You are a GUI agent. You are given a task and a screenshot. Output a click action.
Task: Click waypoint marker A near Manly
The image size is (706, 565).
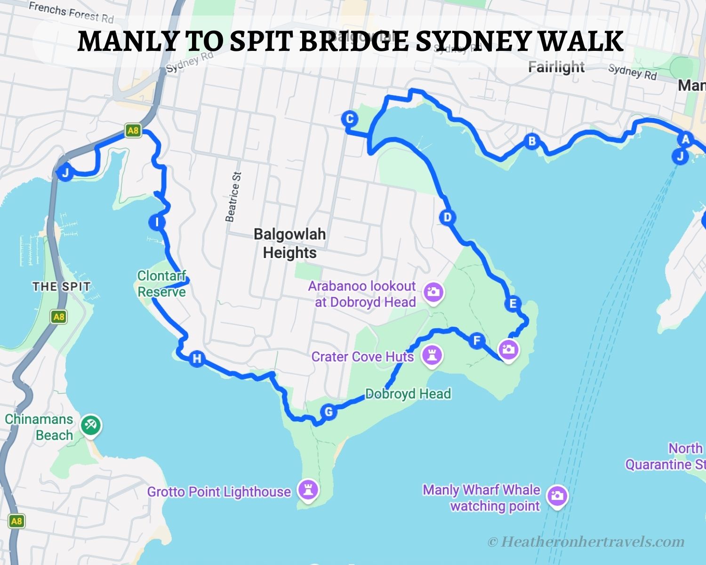point(685,139)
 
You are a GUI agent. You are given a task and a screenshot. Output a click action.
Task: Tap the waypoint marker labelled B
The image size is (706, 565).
point(532,141)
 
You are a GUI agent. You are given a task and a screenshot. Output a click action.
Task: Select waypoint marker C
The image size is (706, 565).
point(350,119)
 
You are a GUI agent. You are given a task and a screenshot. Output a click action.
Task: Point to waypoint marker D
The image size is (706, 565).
point(447,217)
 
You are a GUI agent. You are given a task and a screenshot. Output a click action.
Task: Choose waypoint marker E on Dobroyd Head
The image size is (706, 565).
point(513,304)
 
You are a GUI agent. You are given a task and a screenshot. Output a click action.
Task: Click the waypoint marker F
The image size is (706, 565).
point(477,340)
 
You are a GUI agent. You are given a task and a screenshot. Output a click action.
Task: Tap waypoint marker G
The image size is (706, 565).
point(329,412)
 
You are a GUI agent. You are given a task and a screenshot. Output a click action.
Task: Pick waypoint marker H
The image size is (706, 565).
point(197,359)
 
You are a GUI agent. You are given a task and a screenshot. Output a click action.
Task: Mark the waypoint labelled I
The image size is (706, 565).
point(156,222)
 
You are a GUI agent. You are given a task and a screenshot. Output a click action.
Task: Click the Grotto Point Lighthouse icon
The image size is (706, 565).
point(308,490)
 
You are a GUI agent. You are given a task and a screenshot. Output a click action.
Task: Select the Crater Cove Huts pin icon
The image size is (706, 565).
point(431,355)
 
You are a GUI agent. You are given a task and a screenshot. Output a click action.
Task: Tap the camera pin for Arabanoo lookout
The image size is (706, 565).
point(433,292)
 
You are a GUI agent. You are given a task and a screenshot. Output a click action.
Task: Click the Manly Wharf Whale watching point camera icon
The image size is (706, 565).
point(557,496)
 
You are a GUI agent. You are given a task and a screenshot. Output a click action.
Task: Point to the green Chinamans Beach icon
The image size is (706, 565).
point(90,425)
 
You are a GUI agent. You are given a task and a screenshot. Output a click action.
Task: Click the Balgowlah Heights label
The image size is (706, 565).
point(289,243)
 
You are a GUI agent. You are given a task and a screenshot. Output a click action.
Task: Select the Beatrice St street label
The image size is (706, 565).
point(233,196)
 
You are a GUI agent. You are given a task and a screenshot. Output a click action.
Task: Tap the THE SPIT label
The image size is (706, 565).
point(61,286)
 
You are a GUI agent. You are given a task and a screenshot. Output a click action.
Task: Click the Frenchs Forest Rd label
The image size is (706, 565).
point(71,12)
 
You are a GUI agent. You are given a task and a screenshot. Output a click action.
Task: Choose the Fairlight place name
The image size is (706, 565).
point(556,67)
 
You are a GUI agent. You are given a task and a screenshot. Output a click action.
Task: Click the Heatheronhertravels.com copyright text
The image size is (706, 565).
point(586,542)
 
